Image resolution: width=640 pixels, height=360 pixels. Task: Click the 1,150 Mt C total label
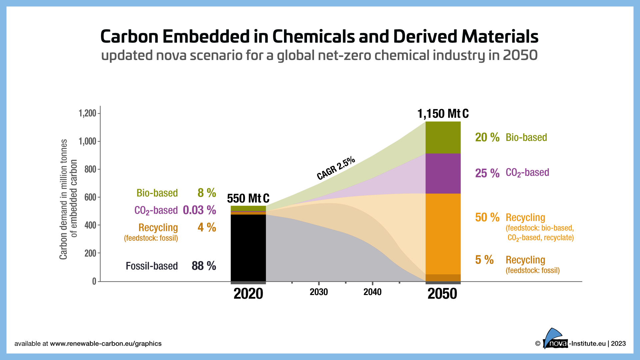(x=443, y=114)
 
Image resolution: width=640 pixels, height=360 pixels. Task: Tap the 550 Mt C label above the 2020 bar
(x=248, y=199)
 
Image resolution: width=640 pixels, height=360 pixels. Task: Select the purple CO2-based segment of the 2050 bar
(x=443, y=174)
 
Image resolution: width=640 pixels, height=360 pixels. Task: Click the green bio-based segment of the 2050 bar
(x=443, y=137)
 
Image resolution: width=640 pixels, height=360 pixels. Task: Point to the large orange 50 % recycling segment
(x=443, y=233)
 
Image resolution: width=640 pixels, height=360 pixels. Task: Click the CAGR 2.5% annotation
(x=336, y=168)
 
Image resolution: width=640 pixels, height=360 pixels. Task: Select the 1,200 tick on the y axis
(x=88, y=113)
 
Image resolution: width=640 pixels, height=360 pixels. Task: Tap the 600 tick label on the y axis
(x=90, y=197)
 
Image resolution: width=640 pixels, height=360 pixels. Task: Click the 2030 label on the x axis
(x=319, y=292)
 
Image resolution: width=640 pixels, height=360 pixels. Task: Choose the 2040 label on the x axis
(x=372, y=292)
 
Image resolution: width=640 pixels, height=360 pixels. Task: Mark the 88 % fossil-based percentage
(x=204, y=266)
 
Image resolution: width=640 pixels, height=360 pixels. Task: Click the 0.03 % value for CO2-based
(x=199, y=210)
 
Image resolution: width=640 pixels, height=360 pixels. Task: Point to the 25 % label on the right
(x=487, y=173)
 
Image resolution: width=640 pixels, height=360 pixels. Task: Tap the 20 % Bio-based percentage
(x=487, y=137)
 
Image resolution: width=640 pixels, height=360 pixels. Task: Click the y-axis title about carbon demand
(x=68, y=199)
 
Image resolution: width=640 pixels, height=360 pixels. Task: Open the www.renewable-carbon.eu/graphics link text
(x=106, y=344)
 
